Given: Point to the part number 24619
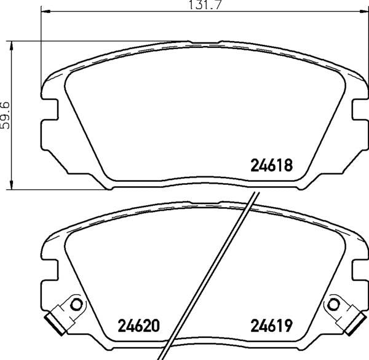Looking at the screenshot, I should coord(271,326).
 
